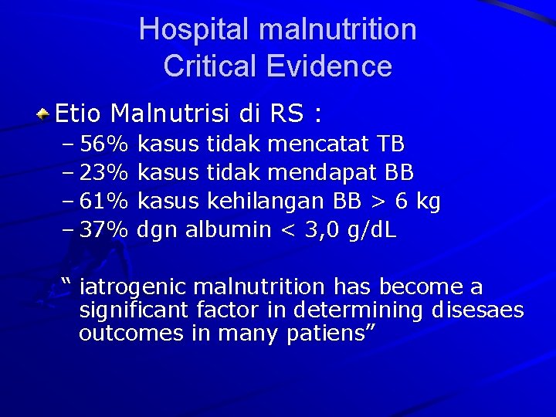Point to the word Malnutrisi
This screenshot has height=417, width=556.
tap(171, 114)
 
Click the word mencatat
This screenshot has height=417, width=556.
tap(318, 144)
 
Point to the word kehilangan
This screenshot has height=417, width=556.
tap(266, 202)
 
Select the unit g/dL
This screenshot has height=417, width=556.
tap(372, 230)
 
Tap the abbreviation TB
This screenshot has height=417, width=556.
tap(391, 144)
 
